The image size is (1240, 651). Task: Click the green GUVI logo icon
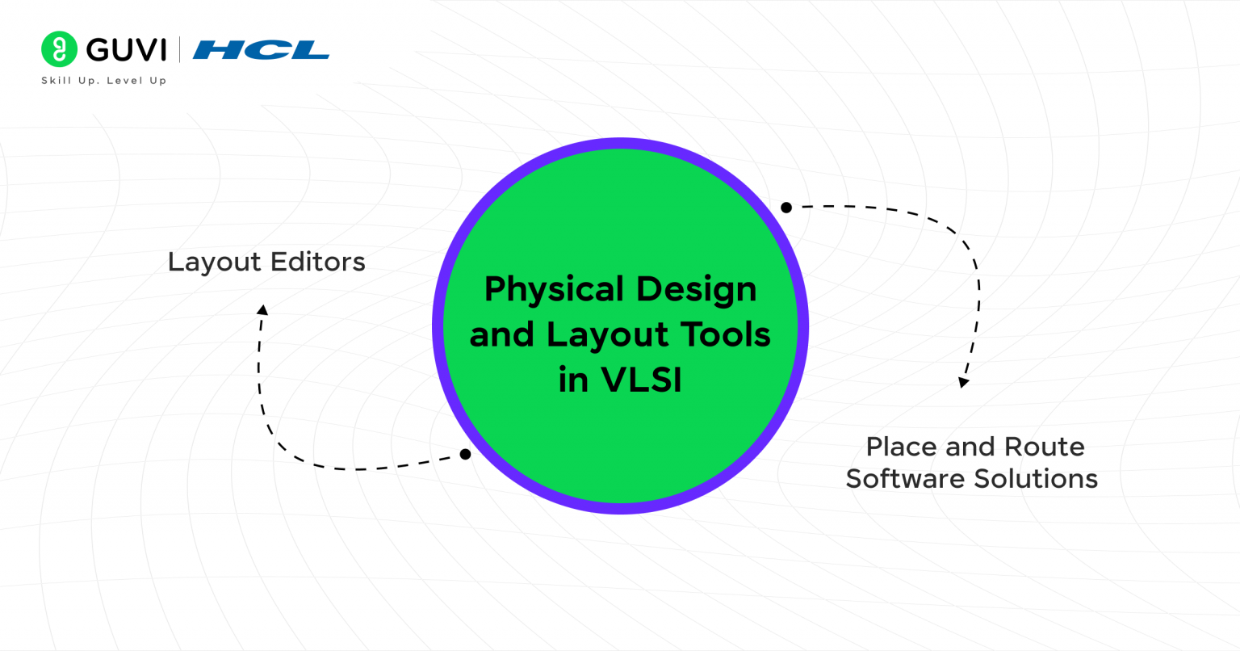59,49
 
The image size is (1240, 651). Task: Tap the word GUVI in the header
126,50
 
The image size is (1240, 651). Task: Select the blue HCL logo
261,50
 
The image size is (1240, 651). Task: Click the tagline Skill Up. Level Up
103,81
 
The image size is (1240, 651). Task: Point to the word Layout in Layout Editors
214,262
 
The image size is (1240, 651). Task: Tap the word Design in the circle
696,289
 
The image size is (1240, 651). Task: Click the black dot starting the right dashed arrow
786,208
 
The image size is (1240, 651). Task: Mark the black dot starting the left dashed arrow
465,455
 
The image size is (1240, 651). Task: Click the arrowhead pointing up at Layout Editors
262,309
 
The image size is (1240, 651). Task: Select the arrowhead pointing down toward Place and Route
963,382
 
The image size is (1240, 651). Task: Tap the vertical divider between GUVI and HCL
179,50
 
